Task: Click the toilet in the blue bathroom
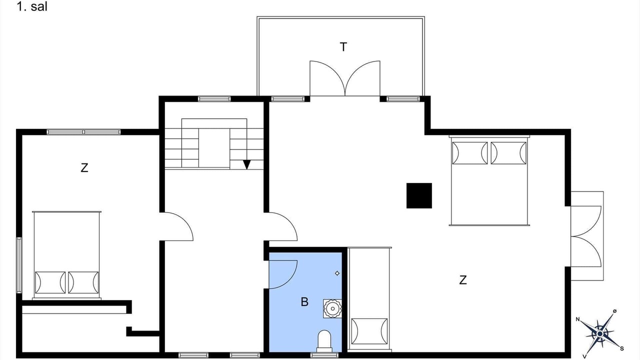[324, 341]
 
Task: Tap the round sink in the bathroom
[332, 308]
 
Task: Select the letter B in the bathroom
[304, 302]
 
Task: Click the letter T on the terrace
[343, 47]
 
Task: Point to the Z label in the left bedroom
[84, 167]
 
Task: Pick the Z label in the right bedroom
[463, 280]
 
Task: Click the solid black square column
[419, 195]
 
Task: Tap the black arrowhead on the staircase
[246, 164]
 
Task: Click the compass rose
[600, 334]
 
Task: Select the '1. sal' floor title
[31, 6]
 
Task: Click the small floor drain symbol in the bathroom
[337, 273]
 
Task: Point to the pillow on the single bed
[369, 331]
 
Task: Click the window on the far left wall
[19, 265]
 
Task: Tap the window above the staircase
[214, 99]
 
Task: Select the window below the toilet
[324, 355]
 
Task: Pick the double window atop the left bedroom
[83, 132]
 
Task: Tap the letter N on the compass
[577, 319]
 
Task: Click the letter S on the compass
[622, 348]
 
